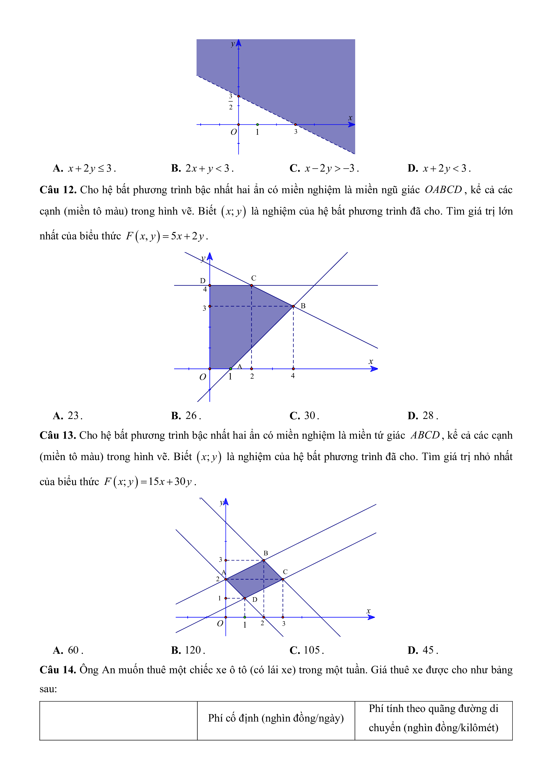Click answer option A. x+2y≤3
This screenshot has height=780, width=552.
click(85, 168)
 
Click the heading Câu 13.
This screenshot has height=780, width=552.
click(58, 435)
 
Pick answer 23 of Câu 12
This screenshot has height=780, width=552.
click(68, 415)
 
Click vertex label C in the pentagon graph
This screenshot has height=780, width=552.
click(253, 278)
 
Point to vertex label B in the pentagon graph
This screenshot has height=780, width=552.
click(303, 306)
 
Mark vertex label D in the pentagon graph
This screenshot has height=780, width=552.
click(203, 281)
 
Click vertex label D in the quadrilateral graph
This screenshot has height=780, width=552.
click(255, 600)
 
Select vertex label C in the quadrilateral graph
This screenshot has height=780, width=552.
click(285, 572)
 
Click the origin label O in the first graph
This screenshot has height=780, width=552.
click(233, 132)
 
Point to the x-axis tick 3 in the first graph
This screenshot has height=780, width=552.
click(296, 132)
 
